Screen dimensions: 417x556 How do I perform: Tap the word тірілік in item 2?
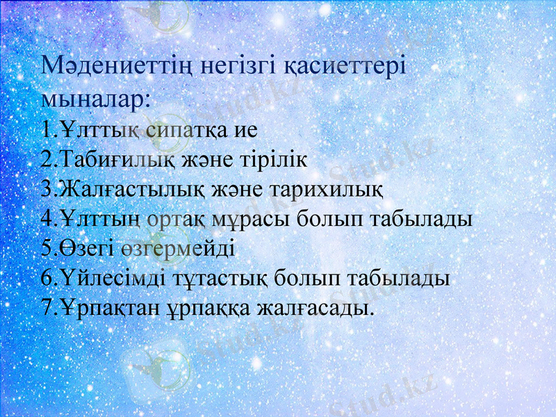click(269, 159)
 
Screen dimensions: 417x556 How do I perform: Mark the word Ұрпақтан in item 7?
click(103, 308)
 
